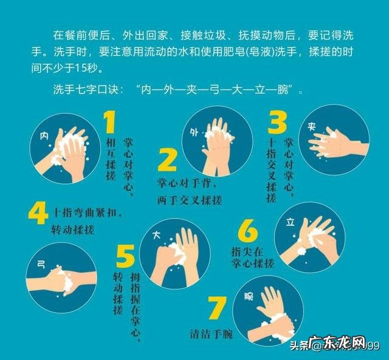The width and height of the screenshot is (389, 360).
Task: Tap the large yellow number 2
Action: pyautogui.click(x=167, y=160)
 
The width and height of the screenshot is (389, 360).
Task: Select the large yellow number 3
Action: pyautogui.click(x=278, y=121)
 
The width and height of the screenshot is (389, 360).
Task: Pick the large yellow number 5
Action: pyautogui.click(x=125, y=258)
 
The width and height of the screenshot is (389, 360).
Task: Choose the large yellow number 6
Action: pyautogui.click(x=248, y=232)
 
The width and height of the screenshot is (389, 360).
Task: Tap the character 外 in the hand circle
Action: pyautogui.click(x=194, y=132)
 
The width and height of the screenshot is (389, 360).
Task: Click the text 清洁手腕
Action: pyautogui.click(x=211, y=334)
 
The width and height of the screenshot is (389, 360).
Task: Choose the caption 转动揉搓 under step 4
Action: pyautogui.click(x=69, y=231)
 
